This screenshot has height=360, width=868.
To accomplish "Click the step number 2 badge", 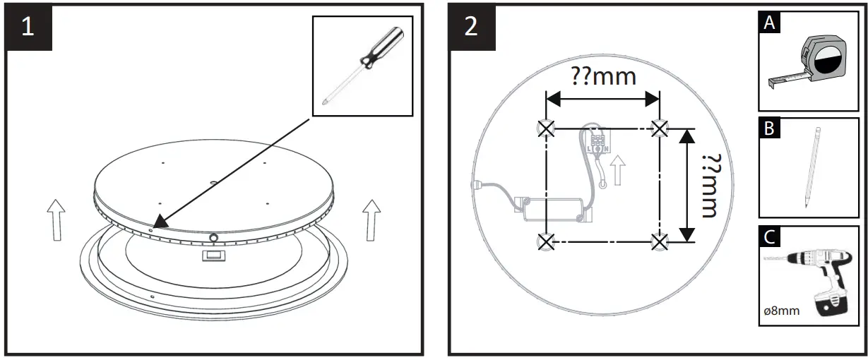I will [471, 28].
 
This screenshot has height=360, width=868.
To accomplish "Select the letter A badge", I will [769, 23].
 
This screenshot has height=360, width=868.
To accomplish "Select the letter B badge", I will [769, 129].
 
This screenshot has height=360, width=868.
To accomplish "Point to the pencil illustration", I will [811, 167].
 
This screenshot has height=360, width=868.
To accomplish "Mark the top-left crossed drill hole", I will [545, 128].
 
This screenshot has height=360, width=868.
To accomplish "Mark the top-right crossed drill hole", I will [659, 128].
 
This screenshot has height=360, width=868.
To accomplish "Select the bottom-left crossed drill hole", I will [545, 241].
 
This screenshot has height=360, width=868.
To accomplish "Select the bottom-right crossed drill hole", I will [659, 241].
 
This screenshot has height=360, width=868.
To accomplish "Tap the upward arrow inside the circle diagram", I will [619, 170].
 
